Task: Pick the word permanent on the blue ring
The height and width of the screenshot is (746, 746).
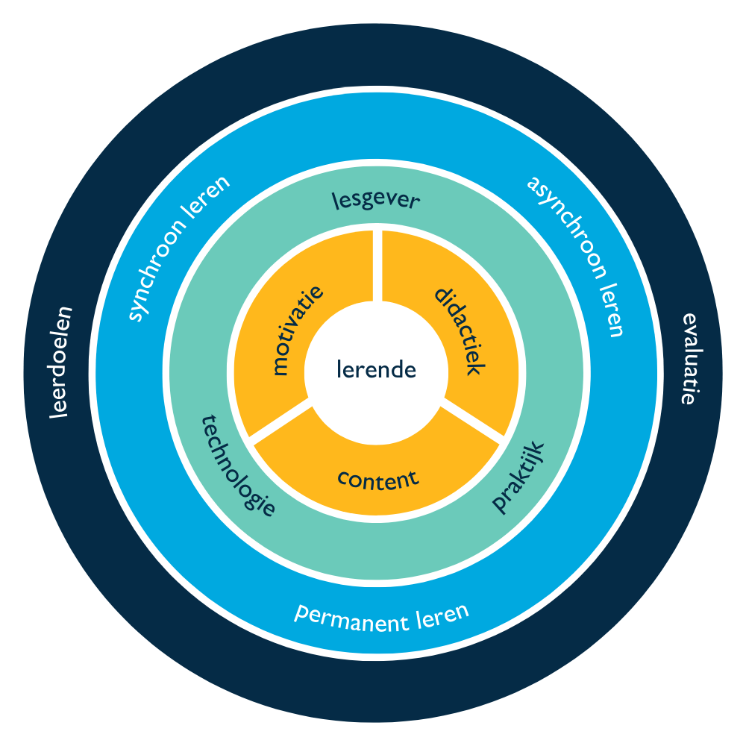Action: [x=344, y=617]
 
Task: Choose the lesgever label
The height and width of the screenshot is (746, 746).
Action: [x=375, y=200]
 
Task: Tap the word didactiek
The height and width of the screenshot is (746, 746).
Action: [x=460, y=331]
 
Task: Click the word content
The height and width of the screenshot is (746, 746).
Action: [x=377, y=478]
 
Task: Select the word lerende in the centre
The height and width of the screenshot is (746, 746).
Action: [x=376, y=369]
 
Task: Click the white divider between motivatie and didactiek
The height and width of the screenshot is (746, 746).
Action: [x=377, y=266]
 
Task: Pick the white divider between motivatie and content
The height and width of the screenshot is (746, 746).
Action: [x=280, y=422]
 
